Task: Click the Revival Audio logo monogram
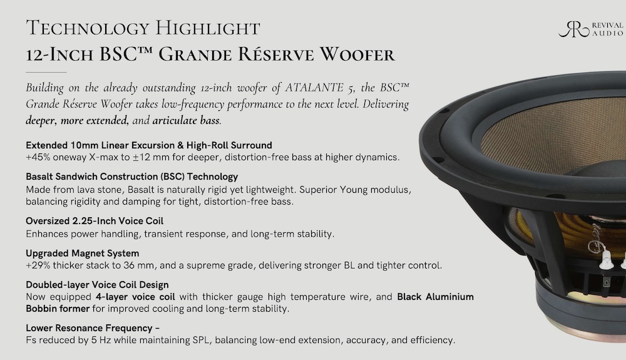point(573,29)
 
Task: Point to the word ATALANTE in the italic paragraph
point(314,88)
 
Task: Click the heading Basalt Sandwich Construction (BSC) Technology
point(131,177)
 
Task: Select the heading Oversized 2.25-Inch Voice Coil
point(95,221)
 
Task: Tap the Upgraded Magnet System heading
point(82,253)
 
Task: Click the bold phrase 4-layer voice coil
point(135,297)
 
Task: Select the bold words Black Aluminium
point(435,297)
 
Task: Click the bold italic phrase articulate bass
point(186,120)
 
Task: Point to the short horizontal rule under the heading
point(46,72)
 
